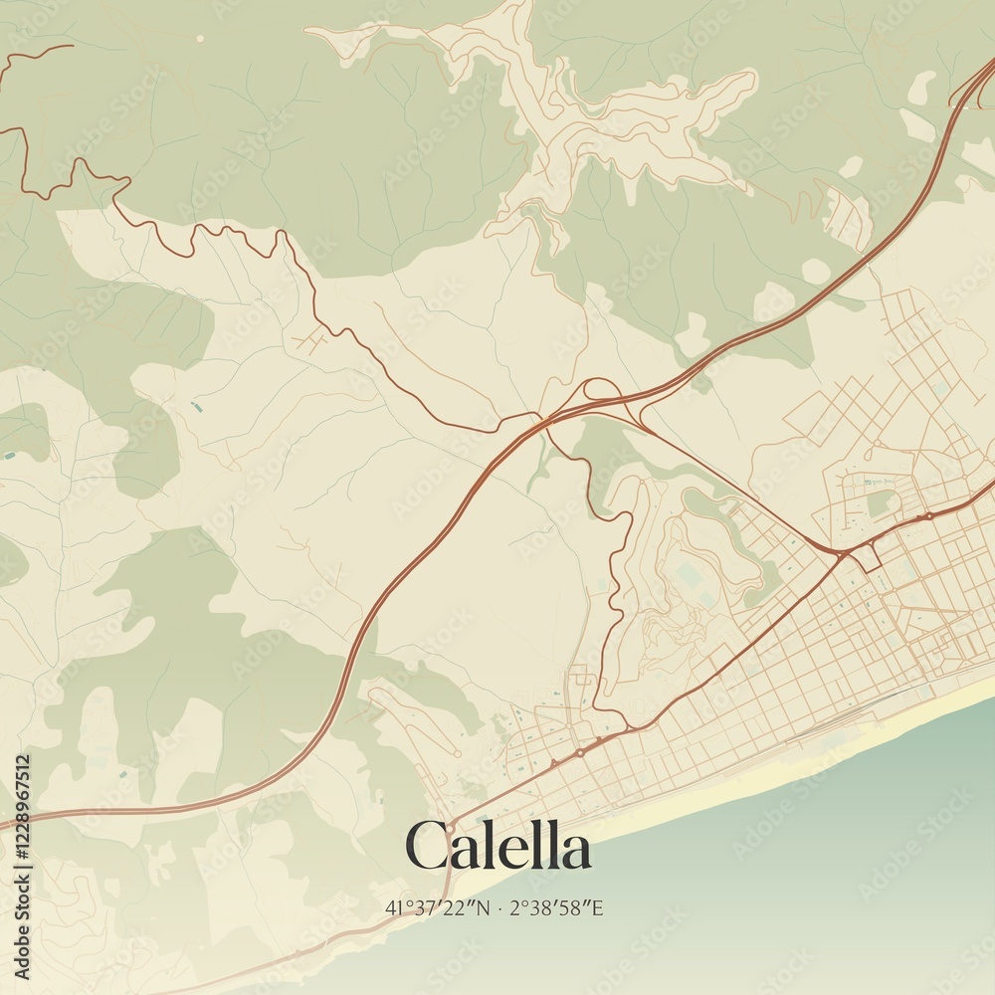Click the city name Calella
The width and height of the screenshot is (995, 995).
[x=497, y=848]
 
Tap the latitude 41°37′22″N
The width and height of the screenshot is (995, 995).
[x=438, y=907]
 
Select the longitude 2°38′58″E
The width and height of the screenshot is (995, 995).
[x=558, y=907]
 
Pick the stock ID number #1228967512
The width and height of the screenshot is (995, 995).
[x=23, y=806]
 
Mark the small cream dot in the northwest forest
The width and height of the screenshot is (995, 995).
[x=200, y=38]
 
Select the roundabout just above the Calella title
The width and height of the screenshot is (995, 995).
[x=450, y=827]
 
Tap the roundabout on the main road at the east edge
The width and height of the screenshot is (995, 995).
[x=928, y=516]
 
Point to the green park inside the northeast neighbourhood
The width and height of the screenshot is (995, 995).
[x=880, y=502]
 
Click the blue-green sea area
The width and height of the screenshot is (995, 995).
[x=796, y=876]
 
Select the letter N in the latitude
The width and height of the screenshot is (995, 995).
[x=483, y=907]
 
